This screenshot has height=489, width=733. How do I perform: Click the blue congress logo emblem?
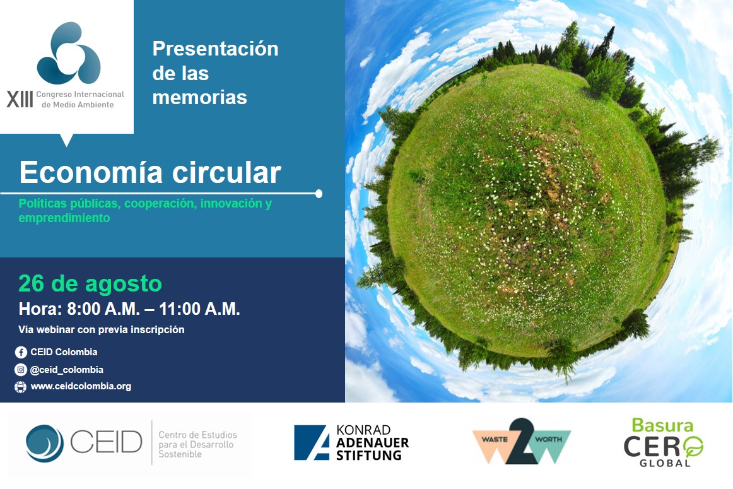(68, 53)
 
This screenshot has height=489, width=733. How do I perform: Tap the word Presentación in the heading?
(215, 49)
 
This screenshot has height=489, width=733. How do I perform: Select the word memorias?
(199, 97)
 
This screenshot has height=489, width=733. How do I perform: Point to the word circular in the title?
(232, 172)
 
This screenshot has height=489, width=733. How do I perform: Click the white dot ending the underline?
(319, 193)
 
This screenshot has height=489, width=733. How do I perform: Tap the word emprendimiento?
(64, 218)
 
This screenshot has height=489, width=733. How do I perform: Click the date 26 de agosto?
(90, 283)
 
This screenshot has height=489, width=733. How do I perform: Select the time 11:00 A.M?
(199, 309)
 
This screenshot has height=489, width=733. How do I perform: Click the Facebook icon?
(21, 352)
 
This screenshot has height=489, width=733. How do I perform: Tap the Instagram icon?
(21, 370)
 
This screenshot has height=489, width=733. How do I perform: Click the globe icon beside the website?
(21, 387)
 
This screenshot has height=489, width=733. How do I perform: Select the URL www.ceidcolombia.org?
(81, 386)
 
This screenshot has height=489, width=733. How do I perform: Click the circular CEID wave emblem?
(45, 444)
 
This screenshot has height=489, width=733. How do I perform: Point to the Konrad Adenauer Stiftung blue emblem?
(312, 442)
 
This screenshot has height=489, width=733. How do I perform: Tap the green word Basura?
(662, 425)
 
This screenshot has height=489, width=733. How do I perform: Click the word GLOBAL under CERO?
(664, 462)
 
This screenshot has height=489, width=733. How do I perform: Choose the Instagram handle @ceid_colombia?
(67, 370)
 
